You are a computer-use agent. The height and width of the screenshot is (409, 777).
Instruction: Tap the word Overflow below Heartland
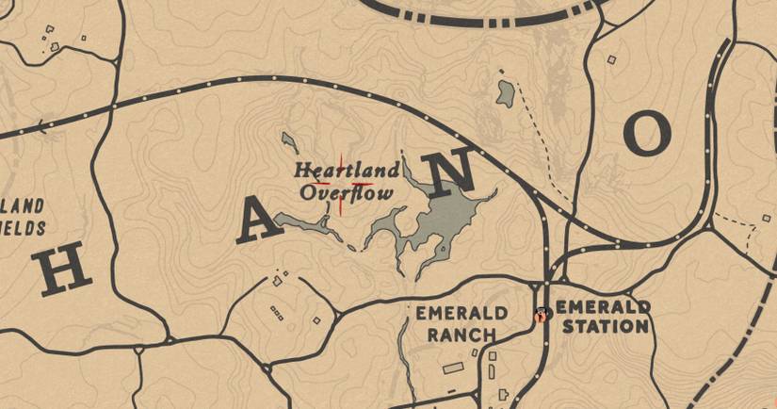(347, 193)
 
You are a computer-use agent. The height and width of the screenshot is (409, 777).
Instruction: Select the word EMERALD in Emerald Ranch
(461, 313)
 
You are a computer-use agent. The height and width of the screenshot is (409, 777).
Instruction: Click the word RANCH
(461, 334)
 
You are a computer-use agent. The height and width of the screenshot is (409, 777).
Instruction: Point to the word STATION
(603, 327)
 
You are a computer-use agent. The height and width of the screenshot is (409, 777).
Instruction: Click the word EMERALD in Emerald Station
(603, 307)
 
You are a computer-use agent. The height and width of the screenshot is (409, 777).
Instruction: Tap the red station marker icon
(541, 316)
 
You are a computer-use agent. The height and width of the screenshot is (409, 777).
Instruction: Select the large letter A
(256, 223)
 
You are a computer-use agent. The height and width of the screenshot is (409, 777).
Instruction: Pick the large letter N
(447, 172)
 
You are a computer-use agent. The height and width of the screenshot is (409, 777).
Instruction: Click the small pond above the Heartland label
(289, 142)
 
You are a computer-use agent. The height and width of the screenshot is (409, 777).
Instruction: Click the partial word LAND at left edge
(23, 205)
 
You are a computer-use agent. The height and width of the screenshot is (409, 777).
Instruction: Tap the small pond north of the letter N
(506, 92)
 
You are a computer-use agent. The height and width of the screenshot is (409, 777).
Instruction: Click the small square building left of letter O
(611, 60)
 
